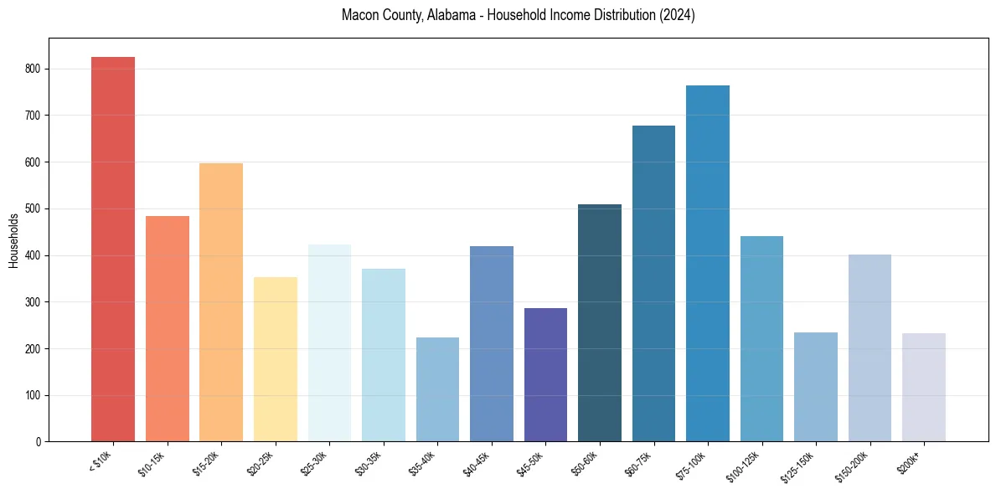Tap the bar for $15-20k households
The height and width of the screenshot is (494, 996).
(x=221, y=302)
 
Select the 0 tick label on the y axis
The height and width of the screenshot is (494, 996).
(x=39, y=441)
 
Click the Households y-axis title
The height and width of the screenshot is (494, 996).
(x=14, y=240)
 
